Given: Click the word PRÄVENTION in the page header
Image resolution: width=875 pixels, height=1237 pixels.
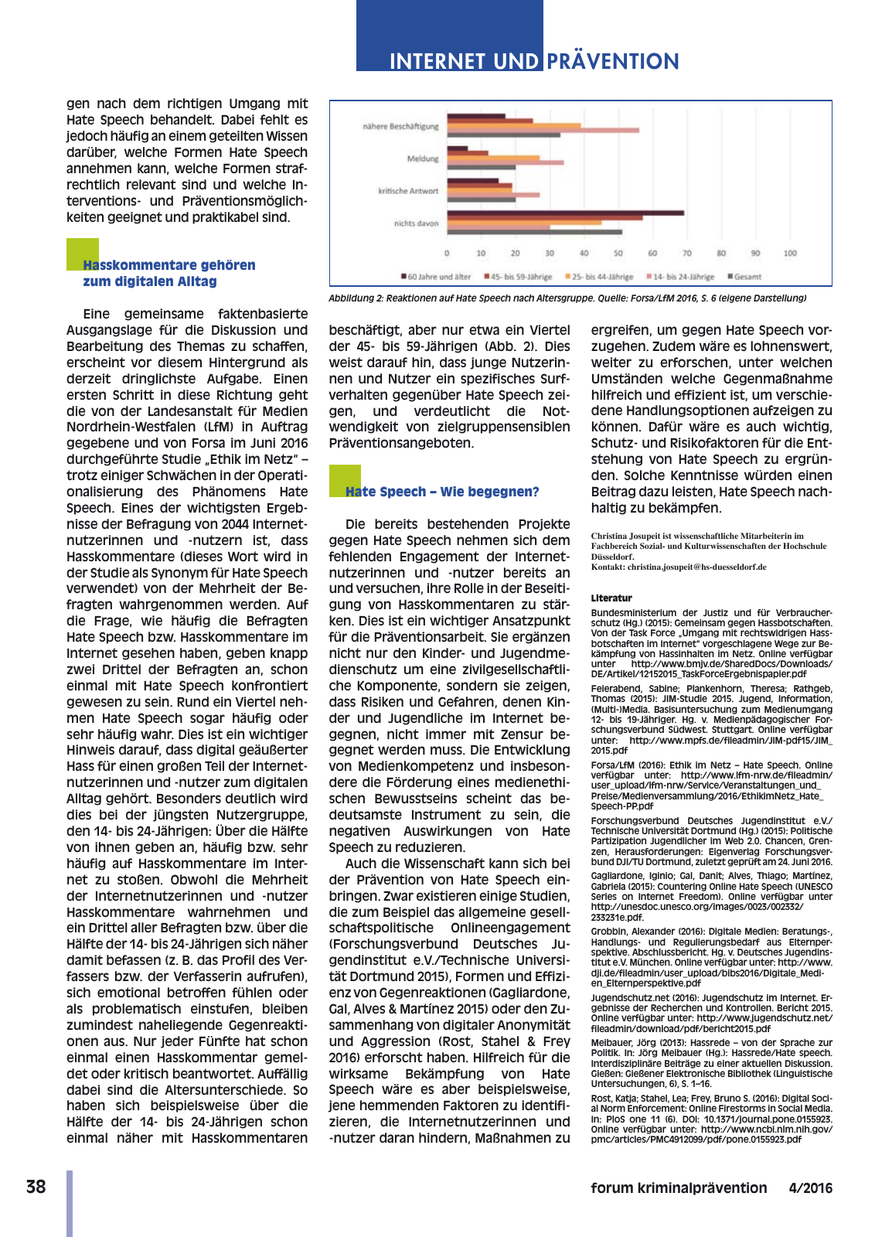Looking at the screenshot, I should coord(613,61).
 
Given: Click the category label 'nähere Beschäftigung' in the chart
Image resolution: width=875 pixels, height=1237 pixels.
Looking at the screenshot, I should coord(400,126).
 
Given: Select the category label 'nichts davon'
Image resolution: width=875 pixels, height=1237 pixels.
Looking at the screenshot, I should coord(416,223).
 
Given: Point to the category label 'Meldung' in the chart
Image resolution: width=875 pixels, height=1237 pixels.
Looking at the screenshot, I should coord(423,158).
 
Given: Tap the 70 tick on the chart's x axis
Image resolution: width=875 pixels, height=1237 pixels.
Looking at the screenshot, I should coord(686,254).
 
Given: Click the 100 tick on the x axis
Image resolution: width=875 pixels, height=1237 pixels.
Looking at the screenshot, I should coord(790,254).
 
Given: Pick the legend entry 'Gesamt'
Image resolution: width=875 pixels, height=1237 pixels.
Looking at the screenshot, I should coord(746,277).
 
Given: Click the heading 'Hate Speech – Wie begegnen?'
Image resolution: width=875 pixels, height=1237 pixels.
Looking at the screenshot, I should coord(441,492).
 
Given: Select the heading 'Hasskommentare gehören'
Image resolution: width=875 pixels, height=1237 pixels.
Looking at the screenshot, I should coord(169,265).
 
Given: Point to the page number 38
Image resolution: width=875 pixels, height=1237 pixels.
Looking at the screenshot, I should coord(36,1188).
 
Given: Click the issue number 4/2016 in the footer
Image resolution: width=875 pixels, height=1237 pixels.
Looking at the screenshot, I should coord(810,1188).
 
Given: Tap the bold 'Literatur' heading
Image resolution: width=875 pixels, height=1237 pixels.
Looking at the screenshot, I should coord(611,598).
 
